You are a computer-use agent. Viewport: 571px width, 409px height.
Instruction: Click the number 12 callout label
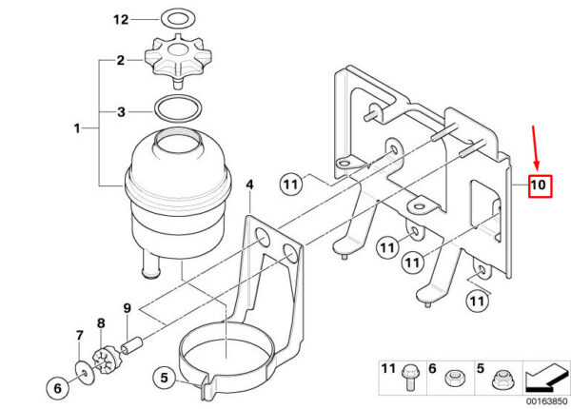[x=121, y=19]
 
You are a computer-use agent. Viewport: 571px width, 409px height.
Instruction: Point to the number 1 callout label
[x=77, y=128]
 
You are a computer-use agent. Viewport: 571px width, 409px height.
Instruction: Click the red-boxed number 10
[x=540, y=185]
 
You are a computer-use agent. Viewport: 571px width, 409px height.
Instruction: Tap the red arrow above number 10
[x=535, y=147]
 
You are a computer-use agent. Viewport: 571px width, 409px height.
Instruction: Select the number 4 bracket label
[x=249, y=185]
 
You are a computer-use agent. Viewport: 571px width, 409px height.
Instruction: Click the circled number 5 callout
[x=165, y=378]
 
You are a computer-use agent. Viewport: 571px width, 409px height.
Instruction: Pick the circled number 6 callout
[x=57, y=388]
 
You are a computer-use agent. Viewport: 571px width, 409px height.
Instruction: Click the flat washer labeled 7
[x=85, y=372]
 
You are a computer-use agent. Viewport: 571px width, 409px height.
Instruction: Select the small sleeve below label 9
[x=132, y=345]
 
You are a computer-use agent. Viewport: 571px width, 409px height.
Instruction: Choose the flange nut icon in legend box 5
[x=502, y=380]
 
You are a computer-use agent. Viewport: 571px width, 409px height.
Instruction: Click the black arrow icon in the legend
[x=546, y=378]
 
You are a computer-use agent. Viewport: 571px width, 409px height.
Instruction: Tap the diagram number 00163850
[x=546, y=401]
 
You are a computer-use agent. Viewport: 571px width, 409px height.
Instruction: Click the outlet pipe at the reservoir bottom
[x=150, y=263]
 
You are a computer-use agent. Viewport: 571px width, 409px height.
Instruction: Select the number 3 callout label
[x=121, y=111]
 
